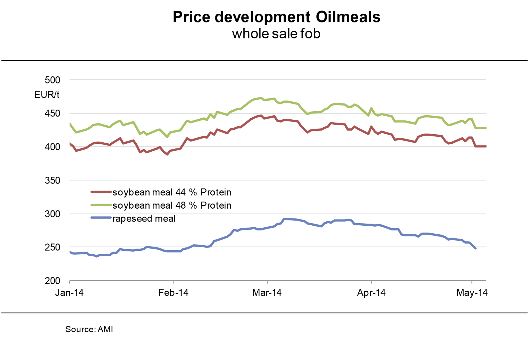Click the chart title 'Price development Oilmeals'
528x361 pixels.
pos(276,17)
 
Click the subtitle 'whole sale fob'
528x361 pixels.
pos(276,34)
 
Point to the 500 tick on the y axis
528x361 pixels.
pos(52,80)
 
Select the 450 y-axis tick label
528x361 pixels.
pos(52,113)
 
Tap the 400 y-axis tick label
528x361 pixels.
pos(52,147)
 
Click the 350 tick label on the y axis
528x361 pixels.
pos(52,180)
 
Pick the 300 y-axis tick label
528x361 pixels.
pos(52,214)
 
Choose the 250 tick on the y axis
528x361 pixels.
pos(52,247)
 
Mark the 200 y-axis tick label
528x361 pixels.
pos(52,281)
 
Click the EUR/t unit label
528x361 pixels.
pos(47,95)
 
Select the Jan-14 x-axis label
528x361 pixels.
pos(69,293)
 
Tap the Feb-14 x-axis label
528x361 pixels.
pos(174,293)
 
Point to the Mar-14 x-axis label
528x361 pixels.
pos(267,293)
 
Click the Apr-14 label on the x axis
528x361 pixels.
pos(371,293)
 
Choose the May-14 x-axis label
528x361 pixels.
pos(472,293)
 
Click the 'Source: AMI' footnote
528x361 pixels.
pos(89,329)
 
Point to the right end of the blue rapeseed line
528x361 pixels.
pos(475,248)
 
